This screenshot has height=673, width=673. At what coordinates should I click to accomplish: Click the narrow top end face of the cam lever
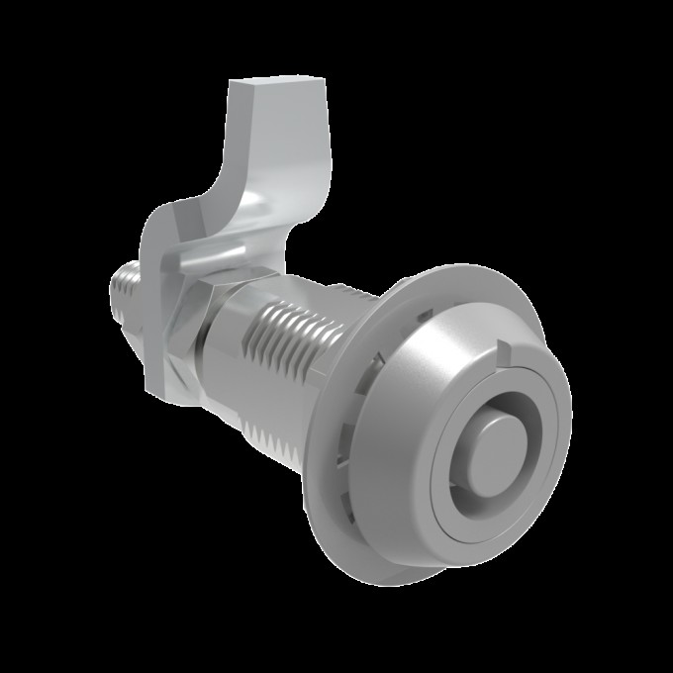coord(263,91)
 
